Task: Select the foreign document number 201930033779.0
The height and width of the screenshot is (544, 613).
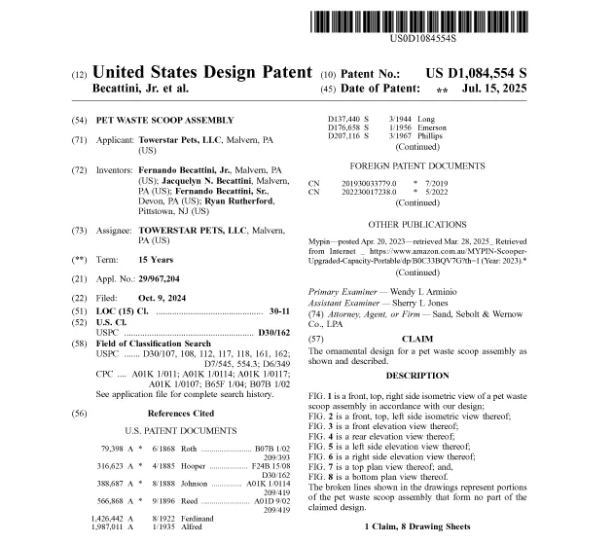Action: click(x=369, y=183)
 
